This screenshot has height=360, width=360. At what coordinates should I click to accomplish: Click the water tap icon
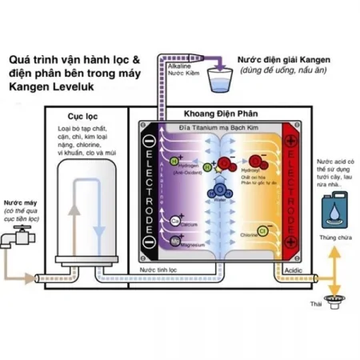click(x=18, y=238)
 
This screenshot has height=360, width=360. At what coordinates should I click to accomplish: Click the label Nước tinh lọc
click(x=157, y=270)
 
